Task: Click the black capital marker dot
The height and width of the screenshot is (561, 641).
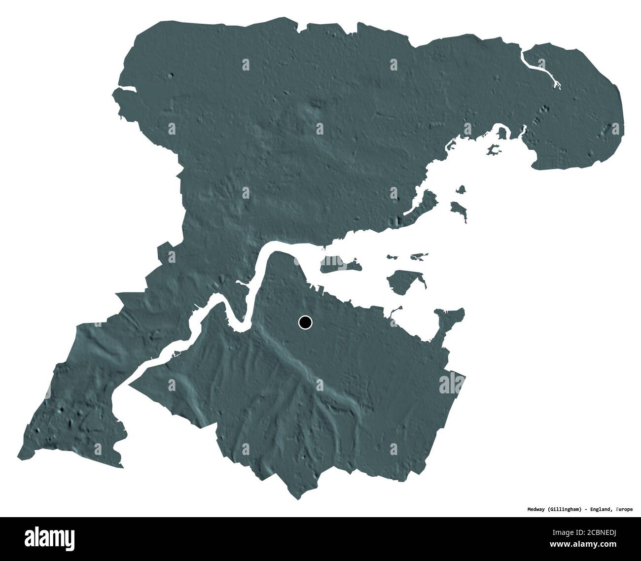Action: pos(305,323)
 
